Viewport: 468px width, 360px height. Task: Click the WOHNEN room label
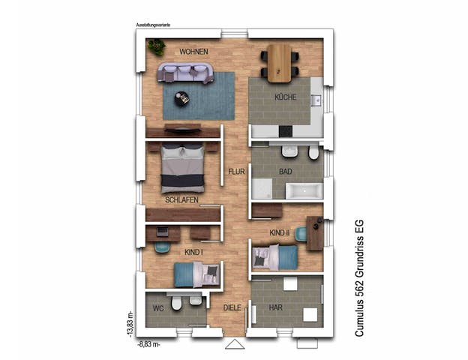click(193, 52)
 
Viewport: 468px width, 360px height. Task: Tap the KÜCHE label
click(285, 97)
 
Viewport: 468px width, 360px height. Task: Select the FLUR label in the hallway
click(237, 172)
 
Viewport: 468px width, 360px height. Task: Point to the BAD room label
click(285, 172)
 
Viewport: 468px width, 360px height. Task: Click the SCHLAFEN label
click(181, 199)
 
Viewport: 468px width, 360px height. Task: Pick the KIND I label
click(194, 252)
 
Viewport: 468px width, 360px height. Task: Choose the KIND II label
click(280, 234)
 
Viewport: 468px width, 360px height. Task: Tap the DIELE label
click(232, 307)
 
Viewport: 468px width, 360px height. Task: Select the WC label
click(158, 307)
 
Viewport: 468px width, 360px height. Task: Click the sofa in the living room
click(185, 73)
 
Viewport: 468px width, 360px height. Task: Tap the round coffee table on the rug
click(182, 98)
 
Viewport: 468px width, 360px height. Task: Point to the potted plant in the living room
click(157, 47)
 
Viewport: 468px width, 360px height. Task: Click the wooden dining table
click(279, 63)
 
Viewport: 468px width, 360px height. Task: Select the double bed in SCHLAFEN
click(183, 169)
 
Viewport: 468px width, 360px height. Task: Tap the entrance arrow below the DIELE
click(235, 344)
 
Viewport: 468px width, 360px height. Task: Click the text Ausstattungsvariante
click(153, 25)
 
